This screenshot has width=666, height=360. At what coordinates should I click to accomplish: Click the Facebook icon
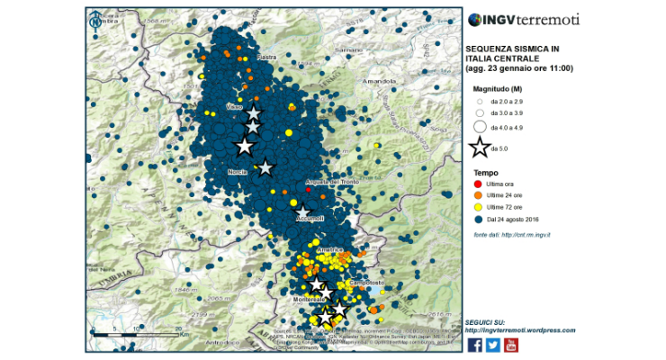click(475, 344)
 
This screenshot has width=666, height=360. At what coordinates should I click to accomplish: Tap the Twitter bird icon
click(493, 344)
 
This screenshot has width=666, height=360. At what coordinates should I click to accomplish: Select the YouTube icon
click(511, 344)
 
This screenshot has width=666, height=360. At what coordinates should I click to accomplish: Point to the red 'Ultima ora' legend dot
click(478, 184)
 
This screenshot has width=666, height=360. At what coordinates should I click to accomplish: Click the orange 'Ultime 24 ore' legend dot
click(478, 195)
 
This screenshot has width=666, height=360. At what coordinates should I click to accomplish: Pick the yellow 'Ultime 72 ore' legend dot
click(478, 207)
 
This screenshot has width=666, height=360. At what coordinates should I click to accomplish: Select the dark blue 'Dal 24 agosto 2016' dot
click(478, 219)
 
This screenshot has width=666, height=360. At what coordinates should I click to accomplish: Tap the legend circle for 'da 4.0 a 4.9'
click(479, 127)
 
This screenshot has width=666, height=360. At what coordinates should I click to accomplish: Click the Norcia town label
click(238, 171)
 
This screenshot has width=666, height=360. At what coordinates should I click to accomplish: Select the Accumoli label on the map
click(310, 218)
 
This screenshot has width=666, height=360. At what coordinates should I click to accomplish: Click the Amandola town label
click(377, 81)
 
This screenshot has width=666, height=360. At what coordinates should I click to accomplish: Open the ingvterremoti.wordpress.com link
click(520, 329)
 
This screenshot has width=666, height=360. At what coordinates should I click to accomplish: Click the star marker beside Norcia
click(265, 167)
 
